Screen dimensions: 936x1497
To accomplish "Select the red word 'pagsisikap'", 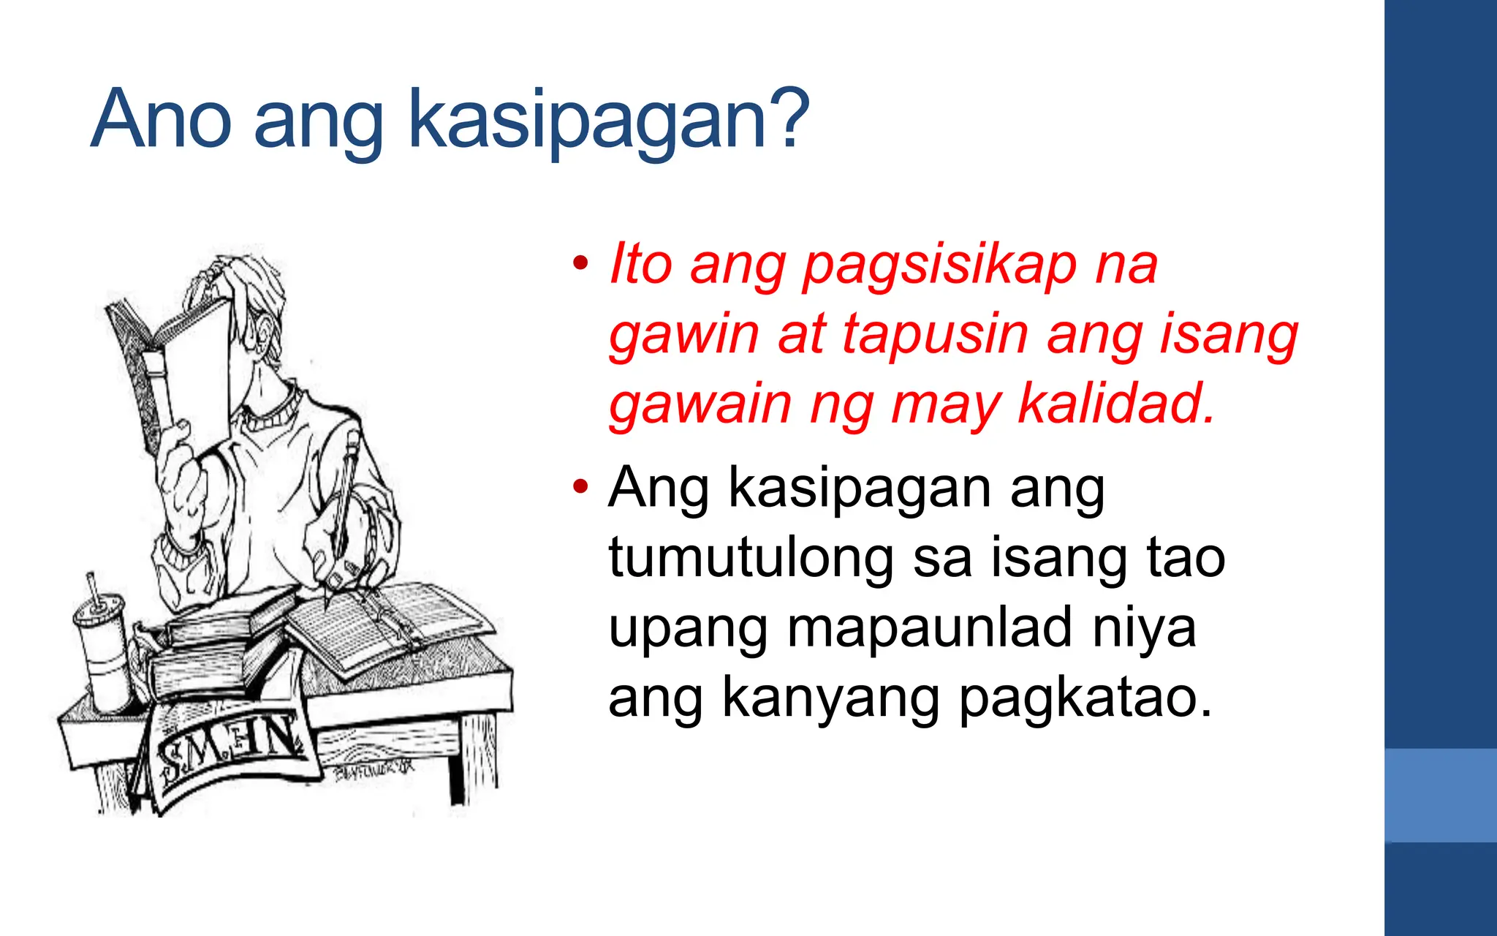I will click(x=939, y=265).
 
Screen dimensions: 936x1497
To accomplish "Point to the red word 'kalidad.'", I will click(x=1116, y=404).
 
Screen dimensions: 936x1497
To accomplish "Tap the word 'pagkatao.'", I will click(x=1085, y=699).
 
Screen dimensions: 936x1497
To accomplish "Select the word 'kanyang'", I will click(x=830, y=699).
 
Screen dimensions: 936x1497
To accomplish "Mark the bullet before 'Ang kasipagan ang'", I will click(x=580, y=486).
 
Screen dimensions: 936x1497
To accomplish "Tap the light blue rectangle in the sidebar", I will click(x=1440, y=795).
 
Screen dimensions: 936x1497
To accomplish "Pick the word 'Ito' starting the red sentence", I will click(x=640, y=265).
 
